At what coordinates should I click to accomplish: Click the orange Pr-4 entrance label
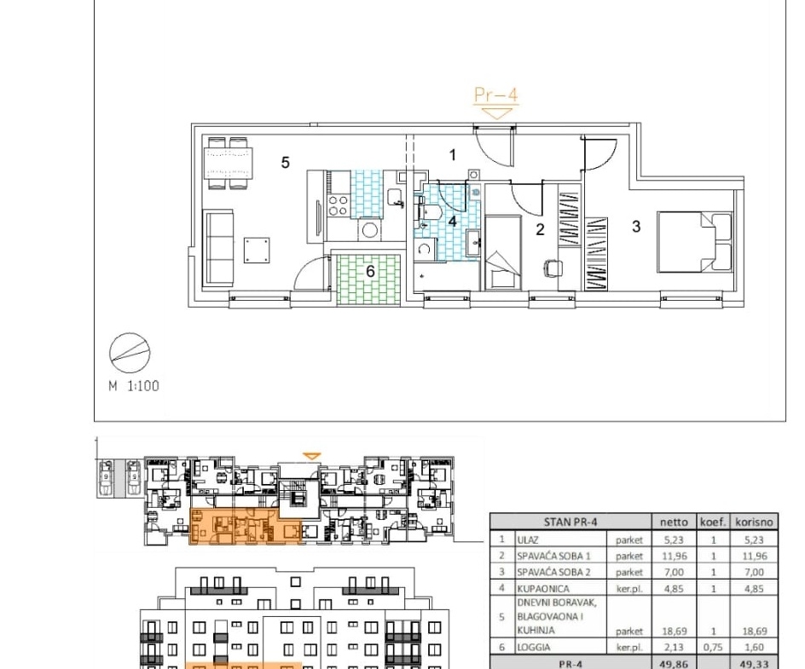[x=495, y=95]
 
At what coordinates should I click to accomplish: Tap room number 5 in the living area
[x=286, y=163]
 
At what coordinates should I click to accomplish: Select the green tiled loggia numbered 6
[x=368, y=279]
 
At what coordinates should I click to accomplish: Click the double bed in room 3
[x=695, y=242]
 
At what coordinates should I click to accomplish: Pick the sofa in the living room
[x=218, y=248]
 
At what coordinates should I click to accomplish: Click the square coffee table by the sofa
[x=257, y=251]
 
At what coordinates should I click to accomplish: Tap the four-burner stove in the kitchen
[x=338, y=205]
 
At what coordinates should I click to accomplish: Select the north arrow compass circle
[x=130, y=353]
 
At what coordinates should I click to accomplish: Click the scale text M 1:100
[x=134, y=386]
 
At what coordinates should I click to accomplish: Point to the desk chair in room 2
[x=553, y=268]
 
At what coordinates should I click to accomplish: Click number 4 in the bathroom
[x=452, y=221]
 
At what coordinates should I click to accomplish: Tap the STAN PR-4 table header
[x=570, y=522]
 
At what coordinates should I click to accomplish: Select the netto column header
[x=674, y=522]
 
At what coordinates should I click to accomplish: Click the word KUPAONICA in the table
[x=543, y=588]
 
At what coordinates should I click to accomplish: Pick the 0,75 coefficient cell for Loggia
[x=713, y=648]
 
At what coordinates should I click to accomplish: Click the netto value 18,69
[x=674, y=631]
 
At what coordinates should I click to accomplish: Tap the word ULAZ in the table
[x=528, y=539]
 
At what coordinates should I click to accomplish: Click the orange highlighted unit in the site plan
[x=246, y=526]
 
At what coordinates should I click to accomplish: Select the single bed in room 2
[x=502, y=252]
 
